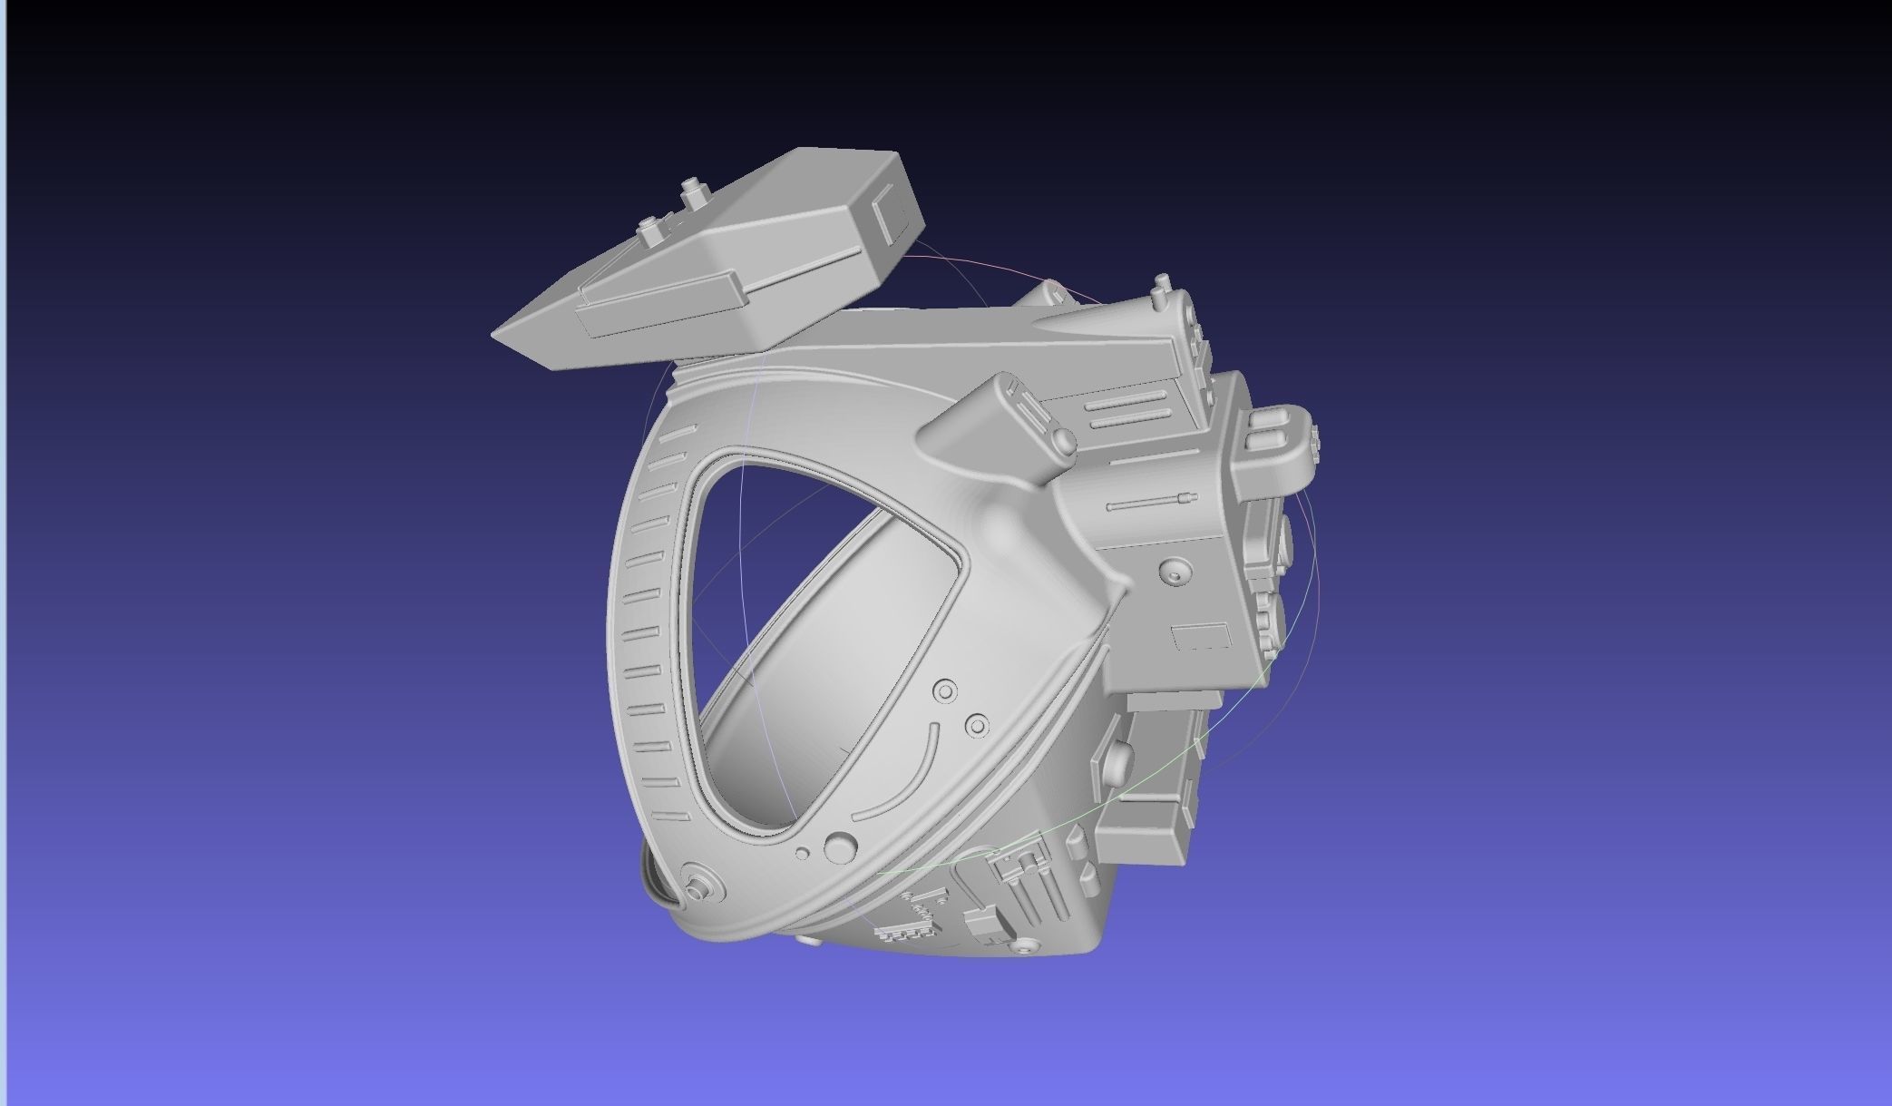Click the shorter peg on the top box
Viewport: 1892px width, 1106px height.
click(649, 230)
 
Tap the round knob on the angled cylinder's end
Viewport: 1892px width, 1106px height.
click(1062, 439)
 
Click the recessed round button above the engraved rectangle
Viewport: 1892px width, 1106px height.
click(1175, 573)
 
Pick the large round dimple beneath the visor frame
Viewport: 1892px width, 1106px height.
click(841, 847)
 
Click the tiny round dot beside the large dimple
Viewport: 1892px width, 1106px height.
click(802, 853)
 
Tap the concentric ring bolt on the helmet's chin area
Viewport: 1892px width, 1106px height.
click(701, 882)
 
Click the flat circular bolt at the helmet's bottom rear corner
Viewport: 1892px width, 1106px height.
click(1027, 946)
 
